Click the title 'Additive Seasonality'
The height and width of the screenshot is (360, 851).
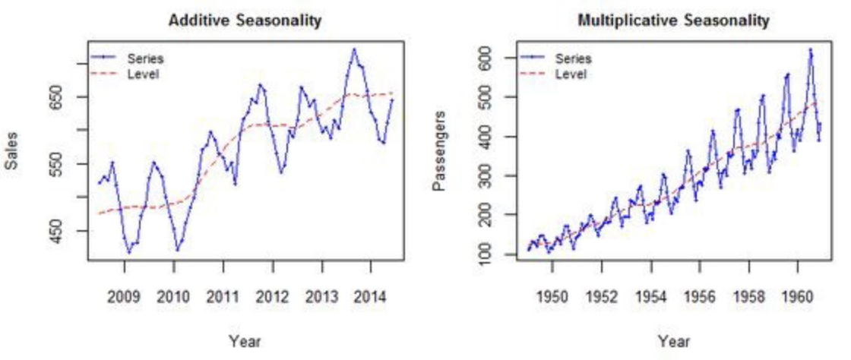tap(244, 21)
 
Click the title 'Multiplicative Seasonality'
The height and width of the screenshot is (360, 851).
tap(673, 21)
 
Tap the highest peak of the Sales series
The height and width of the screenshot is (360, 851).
tap(353, 49)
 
